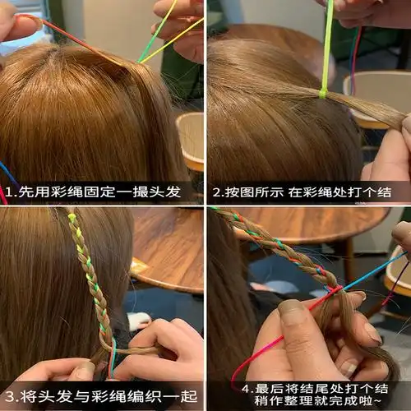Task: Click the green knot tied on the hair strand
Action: (x=323, y=93)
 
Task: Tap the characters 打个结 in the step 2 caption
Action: (x=368, y=194)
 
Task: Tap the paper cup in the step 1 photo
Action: (x=191, y=140)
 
